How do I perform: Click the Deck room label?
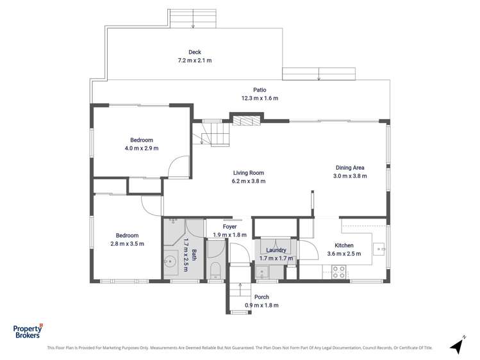[195, 52]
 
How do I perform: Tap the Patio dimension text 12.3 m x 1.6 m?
[260, 98]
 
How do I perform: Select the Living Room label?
[248, 173]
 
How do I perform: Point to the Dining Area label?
[350, 168]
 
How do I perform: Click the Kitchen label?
[344, 245]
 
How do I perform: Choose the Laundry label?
[276, 250]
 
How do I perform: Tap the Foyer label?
[229, 227]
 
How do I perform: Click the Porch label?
[261, 297]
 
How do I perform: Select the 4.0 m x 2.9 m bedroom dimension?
[142, 149]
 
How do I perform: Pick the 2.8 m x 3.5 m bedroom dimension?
[127, 244]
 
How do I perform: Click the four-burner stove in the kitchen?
[339, 272]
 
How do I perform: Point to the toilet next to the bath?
[216, 270]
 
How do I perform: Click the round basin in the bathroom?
[170, 262]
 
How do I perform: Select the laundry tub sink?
[262, 272]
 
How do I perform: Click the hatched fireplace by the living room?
[246, 120]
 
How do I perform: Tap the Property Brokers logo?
[28, 331]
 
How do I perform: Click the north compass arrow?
[458, 346]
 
